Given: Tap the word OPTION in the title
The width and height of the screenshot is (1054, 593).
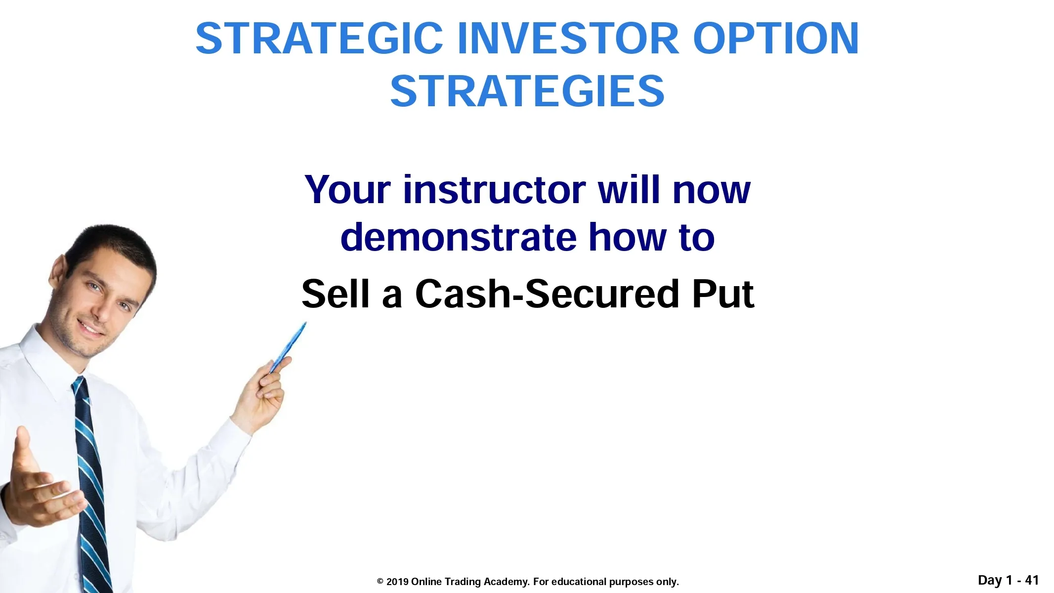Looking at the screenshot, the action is (776, 39).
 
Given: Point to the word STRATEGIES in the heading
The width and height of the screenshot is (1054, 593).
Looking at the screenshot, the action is (527, 91).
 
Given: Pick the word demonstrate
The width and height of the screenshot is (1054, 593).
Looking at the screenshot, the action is (458, 237).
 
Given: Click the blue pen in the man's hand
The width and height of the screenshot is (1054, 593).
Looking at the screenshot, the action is (287, 348).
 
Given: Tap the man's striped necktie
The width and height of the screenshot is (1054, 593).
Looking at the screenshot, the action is (91, 484).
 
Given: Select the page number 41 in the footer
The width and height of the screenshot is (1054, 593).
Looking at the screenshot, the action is (1031, 580).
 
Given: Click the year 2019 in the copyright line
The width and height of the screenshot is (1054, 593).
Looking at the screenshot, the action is (397, 582).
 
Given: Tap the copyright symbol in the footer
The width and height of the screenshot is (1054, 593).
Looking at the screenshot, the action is (380, 582).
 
